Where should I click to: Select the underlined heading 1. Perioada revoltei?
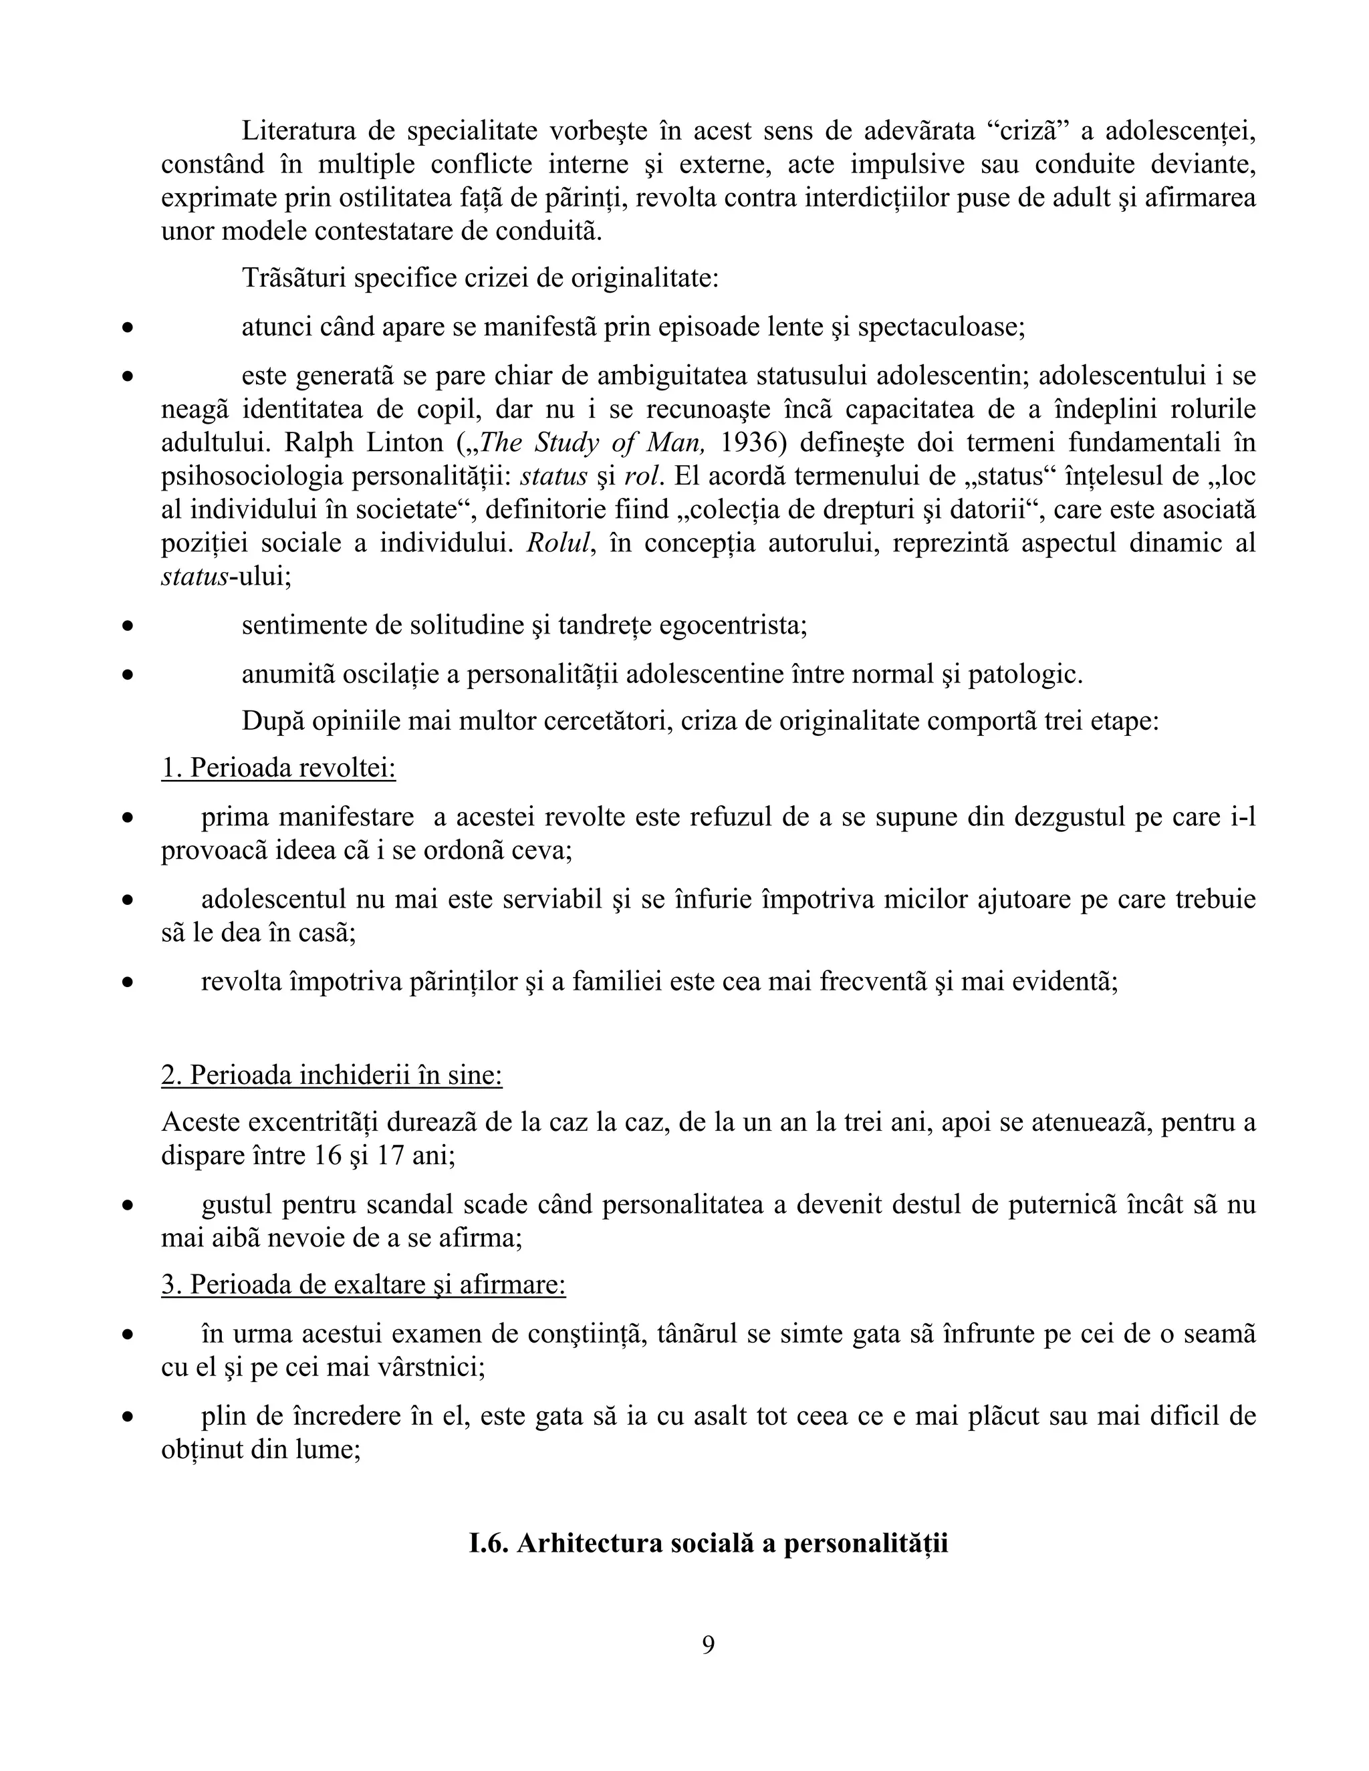[x=278, y=767]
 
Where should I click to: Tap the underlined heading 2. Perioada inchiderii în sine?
[x=332, y=1075]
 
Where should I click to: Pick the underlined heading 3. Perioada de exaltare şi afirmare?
[x=364, y=1284]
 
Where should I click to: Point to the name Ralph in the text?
[x=316, y=442]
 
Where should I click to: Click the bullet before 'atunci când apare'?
[x=127, y=328]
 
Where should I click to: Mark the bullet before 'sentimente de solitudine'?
[x=127, y=627]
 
